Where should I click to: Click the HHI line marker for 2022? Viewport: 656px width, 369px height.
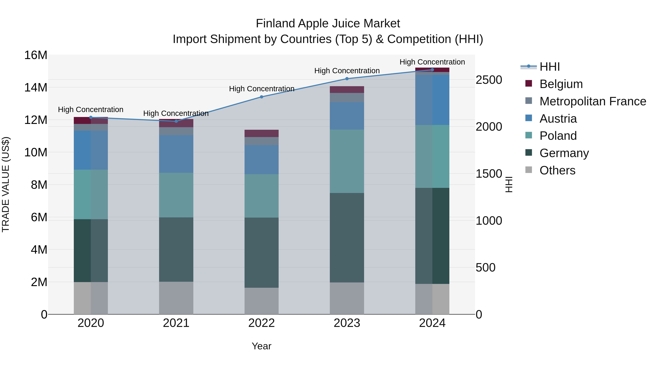click(261, 97)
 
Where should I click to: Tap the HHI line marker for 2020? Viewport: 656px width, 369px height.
click(91, 117)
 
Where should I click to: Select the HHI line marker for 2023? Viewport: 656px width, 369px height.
click(347, 79)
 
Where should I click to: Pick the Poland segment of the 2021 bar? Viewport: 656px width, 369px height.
click(176, 195)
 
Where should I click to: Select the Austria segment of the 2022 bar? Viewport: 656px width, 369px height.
click(261, 160)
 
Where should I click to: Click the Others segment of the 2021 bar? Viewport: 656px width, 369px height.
click(176, 298)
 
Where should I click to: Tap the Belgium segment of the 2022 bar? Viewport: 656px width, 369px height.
click(261, 133)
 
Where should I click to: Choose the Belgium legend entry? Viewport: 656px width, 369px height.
click(561, 84)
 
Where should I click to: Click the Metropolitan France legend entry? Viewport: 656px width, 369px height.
click(593, 101)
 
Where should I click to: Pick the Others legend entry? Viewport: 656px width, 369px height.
click(557, 170)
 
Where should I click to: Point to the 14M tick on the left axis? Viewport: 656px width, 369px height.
click(36, 87)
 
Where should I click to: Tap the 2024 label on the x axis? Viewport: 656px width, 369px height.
click(432, 323)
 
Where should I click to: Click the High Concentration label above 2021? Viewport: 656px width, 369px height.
click(176, 113)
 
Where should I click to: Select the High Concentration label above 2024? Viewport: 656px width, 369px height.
click(432, 62)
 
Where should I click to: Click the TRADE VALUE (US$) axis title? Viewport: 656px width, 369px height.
click(6, 184)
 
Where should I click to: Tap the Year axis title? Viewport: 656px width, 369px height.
click(261, 346)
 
